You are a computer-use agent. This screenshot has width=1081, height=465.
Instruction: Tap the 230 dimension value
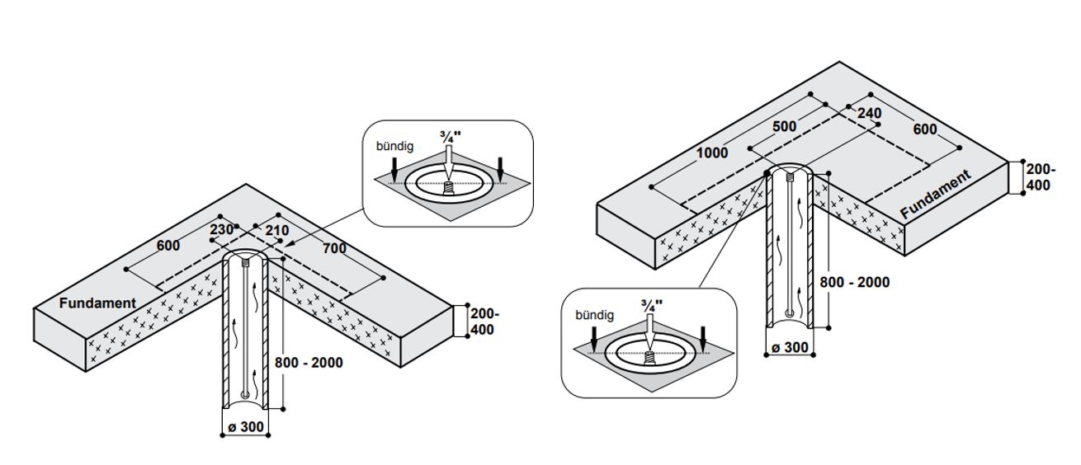point(222,230)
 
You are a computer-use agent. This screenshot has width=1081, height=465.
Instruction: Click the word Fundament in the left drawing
point(97,303)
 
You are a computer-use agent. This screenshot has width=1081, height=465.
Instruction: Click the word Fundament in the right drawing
point(935,195)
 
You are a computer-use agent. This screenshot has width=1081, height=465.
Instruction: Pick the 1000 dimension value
point(711,153)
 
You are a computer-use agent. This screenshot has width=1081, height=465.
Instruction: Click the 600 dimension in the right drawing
point(925,129)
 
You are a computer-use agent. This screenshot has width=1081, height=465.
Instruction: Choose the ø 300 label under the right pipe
point(790,348)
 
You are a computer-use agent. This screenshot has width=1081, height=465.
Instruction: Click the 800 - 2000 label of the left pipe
point(309,362)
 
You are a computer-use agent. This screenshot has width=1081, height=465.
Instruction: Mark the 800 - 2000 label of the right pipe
point(854,282)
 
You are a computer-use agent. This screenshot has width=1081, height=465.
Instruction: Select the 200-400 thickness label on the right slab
point(1038,177)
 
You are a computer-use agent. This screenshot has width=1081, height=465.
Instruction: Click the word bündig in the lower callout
point(595,315)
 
